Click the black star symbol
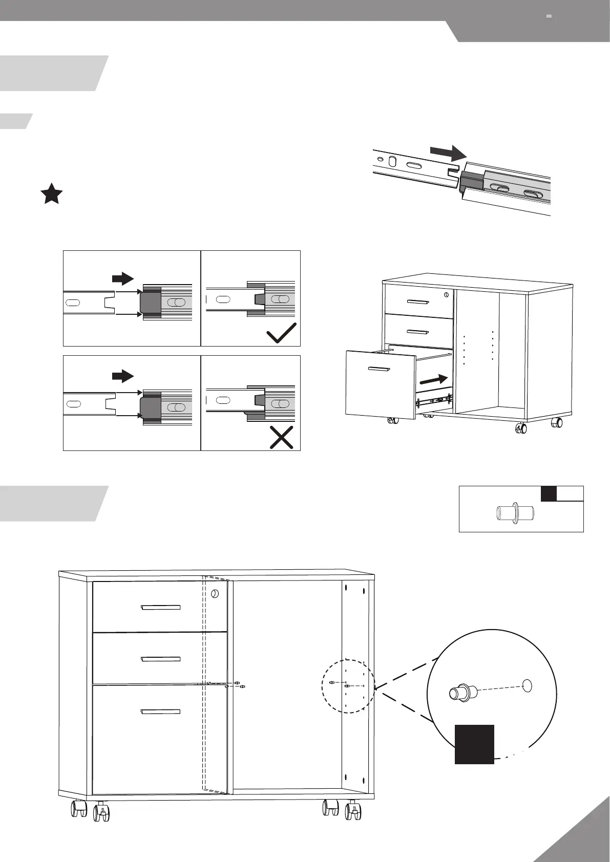(x=52, y=195)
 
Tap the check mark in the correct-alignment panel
(x=281, y=333)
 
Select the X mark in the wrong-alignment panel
(x=281, y=438)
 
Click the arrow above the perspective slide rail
(x=447, y=152)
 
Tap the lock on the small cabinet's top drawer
(x=447, y=295)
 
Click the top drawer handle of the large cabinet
(x=160, y=608)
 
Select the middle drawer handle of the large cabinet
(x=160, y=659)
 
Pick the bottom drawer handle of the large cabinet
(x=160, y=712)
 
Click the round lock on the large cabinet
(x=215, y=594)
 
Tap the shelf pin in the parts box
(x=515, y=513)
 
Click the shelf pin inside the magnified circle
(x=463, y=693)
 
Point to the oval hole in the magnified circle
(x=528, y=685)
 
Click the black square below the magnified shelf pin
(x=474, y=744)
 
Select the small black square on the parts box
(x=549, y=493)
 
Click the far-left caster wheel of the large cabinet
(x=79, y=809)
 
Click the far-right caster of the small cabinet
(x=556, y=423)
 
